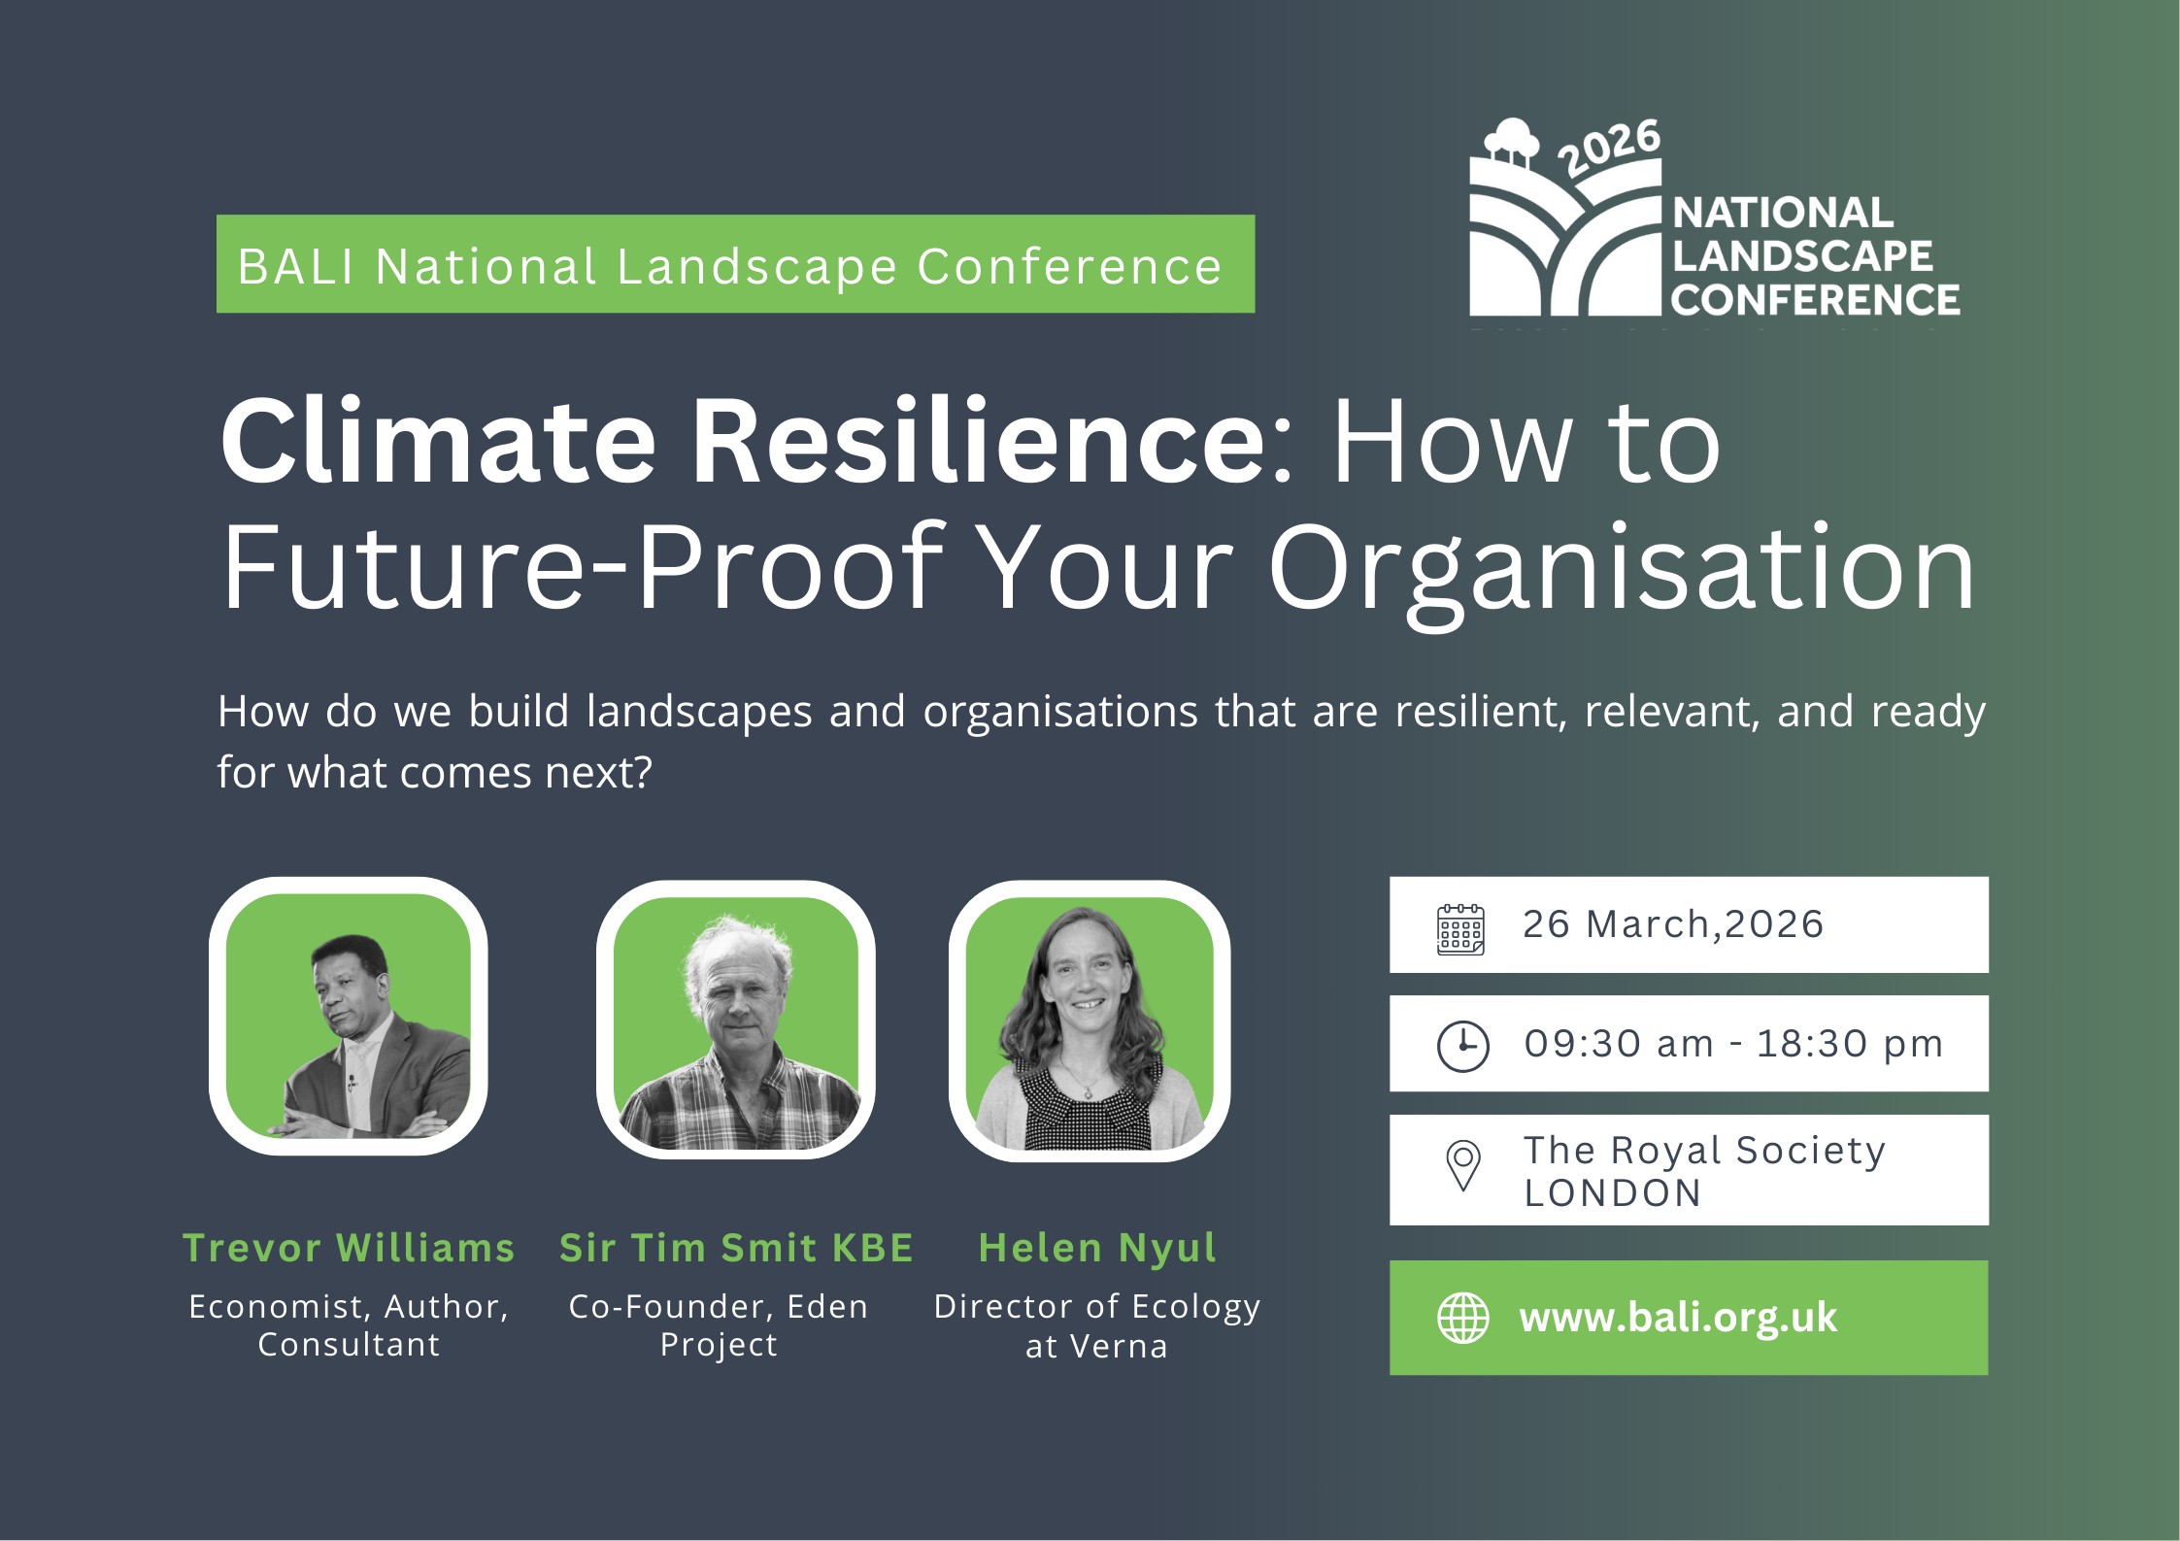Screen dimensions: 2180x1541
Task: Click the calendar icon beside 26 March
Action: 1460,929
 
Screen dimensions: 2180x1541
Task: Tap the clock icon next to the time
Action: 1462,1047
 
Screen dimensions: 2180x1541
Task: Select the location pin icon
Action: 1462,1165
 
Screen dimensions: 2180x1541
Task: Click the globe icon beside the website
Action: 1462,1318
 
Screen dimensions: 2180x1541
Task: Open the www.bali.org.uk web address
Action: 1678,1318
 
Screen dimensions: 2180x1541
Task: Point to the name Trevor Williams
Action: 349,1248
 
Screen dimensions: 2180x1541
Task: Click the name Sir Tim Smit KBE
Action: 736,1248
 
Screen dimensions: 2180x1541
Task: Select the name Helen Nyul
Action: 1097,1249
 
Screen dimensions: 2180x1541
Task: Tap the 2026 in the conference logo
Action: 1609,148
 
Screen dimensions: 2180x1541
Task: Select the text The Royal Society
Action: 1704,1151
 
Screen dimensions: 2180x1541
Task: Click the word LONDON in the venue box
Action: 1613,1193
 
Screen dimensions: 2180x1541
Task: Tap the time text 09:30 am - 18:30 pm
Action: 1733,1044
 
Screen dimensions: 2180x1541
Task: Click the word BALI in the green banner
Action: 296,267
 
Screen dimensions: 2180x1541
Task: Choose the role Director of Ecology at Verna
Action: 1097,1326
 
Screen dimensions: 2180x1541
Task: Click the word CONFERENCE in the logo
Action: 1815,300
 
